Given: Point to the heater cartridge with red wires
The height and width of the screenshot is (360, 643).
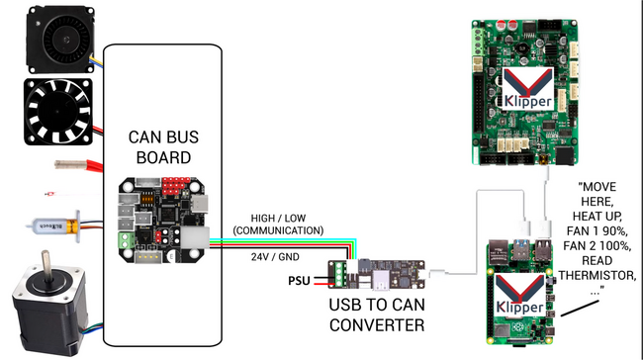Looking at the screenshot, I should [72, 162].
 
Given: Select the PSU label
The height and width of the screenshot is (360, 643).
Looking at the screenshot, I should [299, 280].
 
